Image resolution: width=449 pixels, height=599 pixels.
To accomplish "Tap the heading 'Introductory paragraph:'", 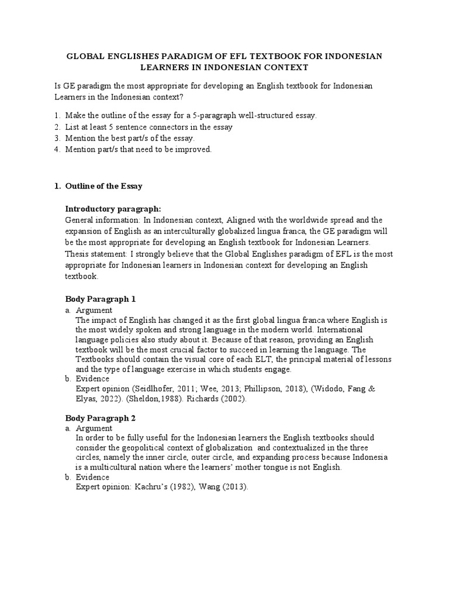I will click(113, 208).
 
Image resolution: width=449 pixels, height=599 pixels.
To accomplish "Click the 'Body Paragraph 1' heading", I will click(100, 299).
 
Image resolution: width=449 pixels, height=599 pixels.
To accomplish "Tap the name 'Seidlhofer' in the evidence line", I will click(152, 389).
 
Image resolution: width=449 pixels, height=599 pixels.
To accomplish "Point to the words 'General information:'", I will click(103, 220).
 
